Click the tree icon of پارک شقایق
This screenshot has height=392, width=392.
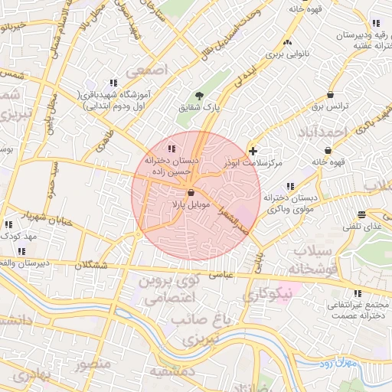point(199,96)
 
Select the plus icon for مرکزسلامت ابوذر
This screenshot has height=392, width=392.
point(253,151)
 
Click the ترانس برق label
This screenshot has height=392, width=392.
point(329,106)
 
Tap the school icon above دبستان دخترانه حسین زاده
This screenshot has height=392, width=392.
point(171,148)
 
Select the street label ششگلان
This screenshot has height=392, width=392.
point(94,265)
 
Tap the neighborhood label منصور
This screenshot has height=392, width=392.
point(93,363)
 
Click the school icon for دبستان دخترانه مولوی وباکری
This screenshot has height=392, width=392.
point(289,186)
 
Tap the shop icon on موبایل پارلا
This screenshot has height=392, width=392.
point(191,194)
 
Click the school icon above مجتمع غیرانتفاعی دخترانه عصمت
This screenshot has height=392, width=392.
point(357,292)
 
